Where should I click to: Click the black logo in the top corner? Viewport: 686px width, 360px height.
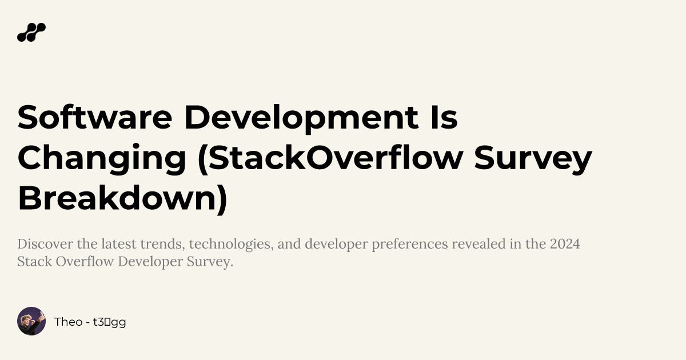31,33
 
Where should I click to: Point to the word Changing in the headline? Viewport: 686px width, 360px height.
102,158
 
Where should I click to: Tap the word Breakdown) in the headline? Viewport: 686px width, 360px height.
122,198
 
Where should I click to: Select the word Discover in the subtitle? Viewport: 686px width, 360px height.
45,245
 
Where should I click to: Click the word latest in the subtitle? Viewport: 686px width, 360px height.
118,245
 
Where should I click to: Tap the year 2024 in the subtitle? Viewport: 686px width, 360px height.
565,245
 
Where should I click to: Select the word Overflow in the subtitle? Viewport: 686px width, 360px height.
74,262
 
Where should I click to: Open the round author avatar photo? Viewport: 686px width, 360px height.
31,321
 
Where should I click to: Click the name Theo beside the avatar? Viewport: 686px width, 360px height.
68,322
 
